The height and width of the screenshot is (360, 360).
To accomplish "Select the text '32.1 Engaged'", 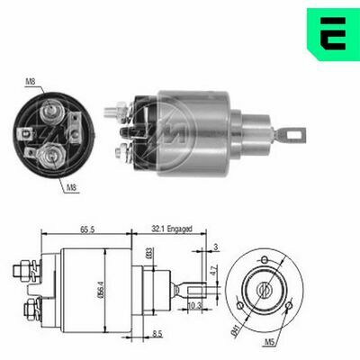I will click(x=170, y=230).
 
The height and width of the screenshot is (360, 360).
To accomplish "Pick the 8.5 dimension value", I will click(x=157, y=335).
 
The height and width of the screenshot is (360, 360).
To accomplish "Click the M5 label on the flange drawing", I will click(x=295, y=342).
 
